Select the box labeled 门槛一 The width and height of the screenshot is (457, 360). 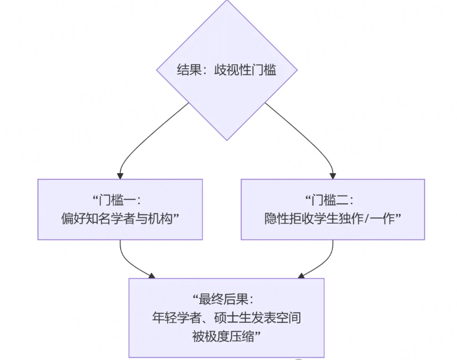(120, 209)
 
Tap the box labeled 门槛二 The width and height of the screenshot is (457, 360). (333, 209)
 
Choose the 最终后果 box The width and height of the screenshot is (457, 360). (227, 318)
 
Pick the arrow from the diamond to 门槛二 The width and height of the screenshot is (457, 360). (318, 141)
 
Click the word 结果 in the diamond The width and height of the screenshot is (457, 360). (187, 70)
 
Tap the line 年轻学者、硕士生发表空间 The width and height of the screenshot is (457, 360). (227, 318)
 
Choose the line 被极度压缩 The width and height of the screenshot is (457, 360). (227, 336)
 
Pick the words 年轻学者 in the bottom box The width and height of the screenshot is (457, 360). (175, 318)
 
